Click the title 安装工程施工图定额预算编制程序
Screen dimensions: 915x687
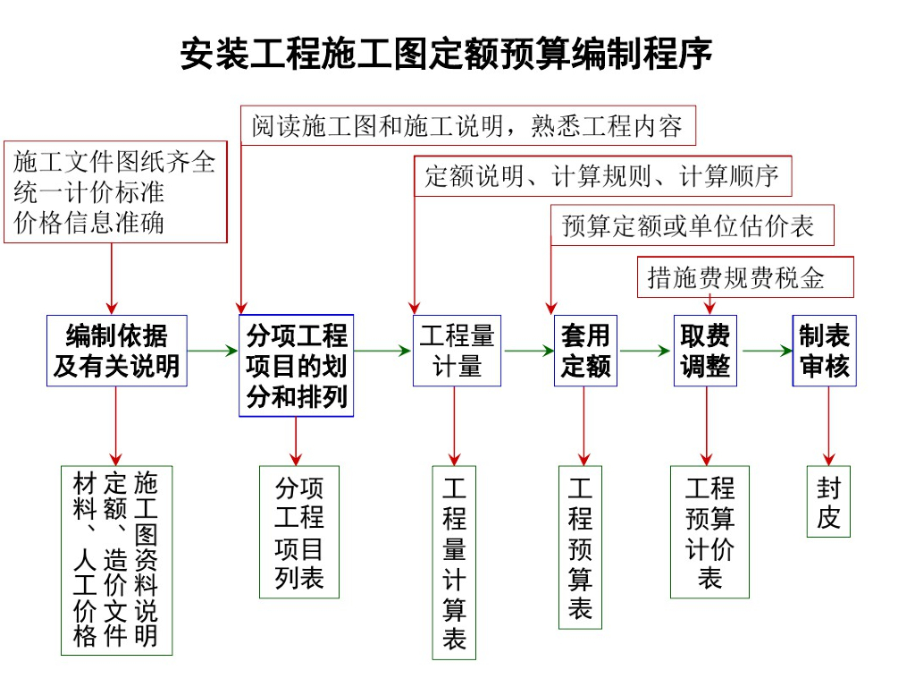tap(446, 53)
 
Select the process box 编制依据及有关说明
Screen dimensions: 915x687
tap(117, 351)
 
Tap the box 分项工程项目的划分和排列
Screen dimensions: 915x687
tap(297, 366)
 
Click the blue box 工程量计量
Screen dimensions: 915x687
tap(457, 351)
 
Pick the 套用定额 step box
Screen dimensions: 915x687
tap(585, 351)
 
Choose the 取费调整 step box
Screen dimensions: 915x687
tap(705, 351)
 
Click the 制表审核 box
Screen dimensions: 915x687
tap(824, 351)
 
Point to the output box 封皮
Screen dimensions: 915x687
tap(828, 501)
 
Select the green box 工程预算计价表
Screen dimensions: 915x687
tap(709, 531)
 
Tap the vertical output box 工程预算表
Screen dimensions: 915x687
tap(580, 547)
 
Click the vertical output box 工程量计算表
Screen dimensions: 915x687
tap(454, 563)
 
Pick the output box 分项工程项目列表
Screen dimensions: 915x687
tap(299, 531)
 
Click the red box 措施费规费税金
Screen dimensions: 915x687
tap(745, 277)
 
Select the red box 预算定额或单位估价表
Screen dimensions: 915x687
tap(693, 225)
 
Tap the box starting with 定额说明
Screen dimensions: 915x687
tap(603, 176)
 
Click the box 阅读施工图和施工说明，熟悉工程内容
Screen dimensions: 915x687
tap(468, 125)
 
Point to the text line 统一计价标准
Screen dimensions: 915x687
tap(88, 192)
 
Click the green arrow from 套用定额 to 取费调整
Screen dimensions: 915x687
tap(645, 351)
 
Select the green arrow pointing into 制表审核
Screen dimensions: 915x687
tap(768, 351)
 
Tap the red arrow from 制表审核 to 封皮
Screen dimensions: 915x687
tap(828, 426)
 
